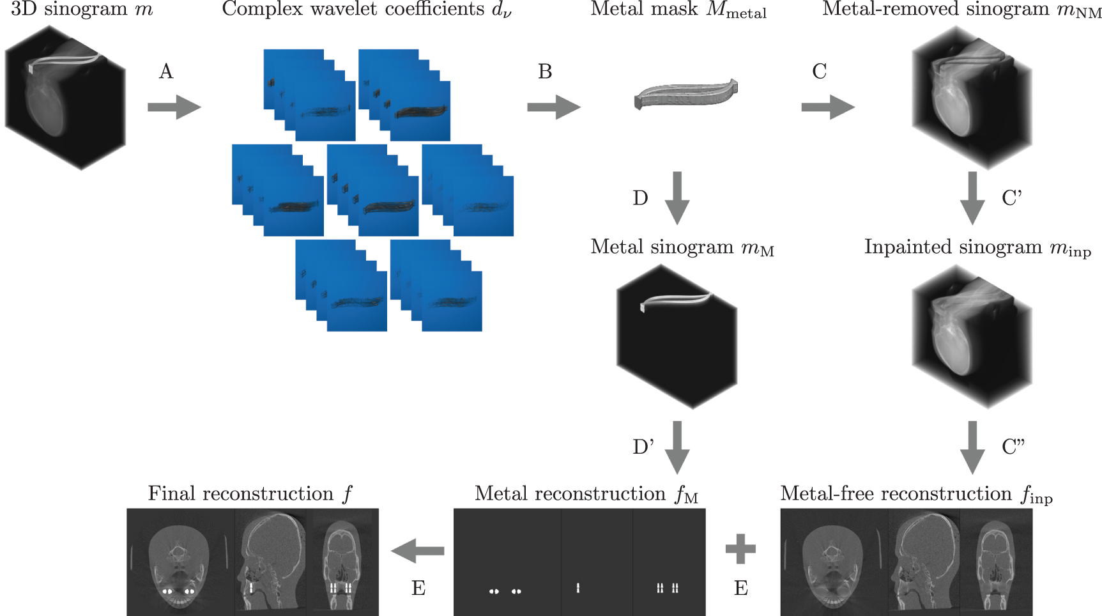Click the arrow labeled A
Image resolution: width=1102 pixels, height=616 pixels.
[x=174, y=107]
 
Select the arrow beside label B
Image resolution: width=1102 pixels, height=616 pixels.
[x=553, y=107]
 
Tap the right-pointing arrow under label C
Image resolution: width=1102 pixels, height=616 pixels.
[x=828, y=107]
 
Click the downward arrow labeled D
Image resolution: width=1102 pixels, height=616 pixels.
[x=677, y=198]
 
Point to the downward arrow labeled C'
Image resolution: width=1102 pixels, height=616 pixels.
[x=972, y=198]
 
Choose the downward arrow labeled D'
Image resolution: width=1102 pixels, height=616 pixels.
[x=677, y=447]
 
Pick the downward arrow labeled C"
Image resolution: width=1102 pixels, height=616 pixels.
[x=972, y=447]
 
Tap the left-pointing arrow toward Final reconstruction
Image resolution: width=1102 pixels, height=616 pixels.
[x=417, y=550]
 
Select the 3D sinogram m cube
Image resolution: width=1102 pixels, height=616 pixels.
[x=65, y=98]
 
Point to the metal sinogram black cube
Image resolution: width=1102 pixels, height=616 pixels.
[x=677, y=337]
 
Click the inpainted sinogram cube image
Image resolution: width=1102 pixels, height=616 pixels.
[x=972, y=337]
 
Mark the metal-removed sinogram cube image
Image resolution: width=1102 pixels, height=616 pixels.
[x=972, y=98]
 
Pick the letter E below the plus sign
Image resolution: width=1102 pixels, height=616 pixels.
[x=741, y=588]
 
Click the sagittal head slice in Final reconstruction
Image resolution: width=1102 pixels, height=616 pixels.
[x=271, y=562]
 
